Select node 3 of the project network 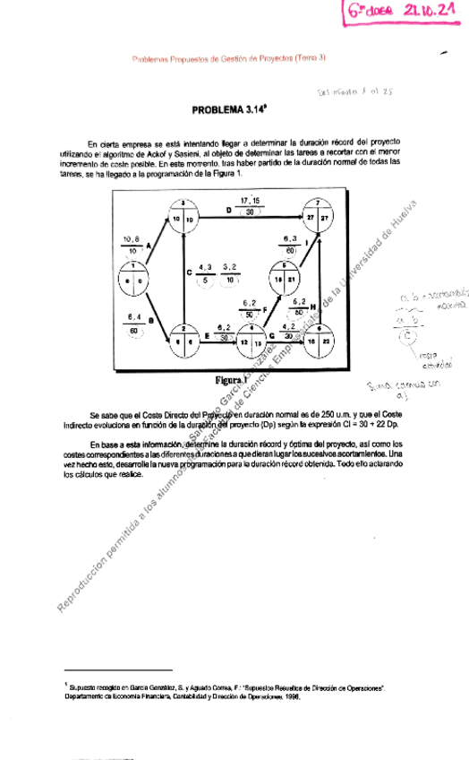[x=183, y=214]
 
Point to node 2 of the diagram [x=183, y=337]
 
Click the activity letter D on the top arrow [x=229, y=211]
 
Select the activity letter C [x=189, y=272]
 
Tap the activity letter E [x=208, y=335]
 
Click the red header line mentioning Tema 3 [x=228, y=57]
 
